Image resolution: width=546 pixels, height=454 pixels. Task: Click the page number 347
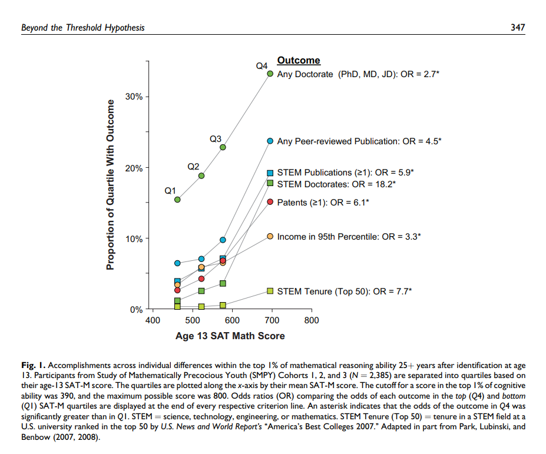click(x=517, y=28)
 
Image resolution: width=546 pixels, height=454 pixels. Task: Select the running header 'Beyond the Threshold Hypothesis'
click(x=82, y=28)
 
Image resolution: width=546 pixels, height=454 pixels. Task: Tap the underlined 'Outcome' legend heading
click(x=299, y=61)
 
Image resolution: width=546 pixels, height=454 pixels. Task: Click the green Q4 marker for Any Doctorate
click(x=270, y=74)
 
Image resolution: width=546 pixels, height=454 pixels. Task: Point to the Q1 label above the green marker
click(x=170, y=191)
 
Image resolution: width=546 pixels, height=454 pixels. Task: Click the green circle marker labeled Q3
click(x=223, y=147)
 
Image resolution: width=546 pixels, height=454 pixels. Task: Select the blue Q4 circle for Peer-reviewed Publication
click(x=270, y=141)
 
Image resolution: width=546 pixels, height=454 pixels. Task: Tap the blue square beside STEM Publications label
click(x=270, y=173)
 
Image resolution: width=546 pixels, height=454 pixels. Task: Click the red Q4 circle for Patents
click(x=270, y=202)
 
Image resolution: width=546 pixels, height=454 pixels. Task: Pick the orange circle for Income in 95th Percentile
click(x=270, y=236)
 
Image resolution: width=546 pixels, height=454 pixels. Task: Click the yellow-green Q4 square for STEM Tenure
click(x=270, y=291)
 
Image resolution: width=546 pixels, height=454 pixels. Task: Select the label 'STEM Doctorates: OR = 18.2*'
click(x=336, y=184)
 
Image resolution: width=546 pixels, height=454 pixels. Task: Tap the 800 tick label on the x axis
click(x=311, y=320)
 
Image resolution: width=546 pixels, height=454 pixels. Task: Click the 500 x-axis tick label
click(x=192, y=320)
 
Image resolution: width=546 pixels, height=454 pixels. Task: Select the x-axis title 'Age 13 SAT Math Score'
click(x=230, y=336)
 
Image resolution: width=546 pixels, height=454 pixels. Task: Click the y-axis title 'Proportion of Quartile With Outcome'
click(x=110, y=185)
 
